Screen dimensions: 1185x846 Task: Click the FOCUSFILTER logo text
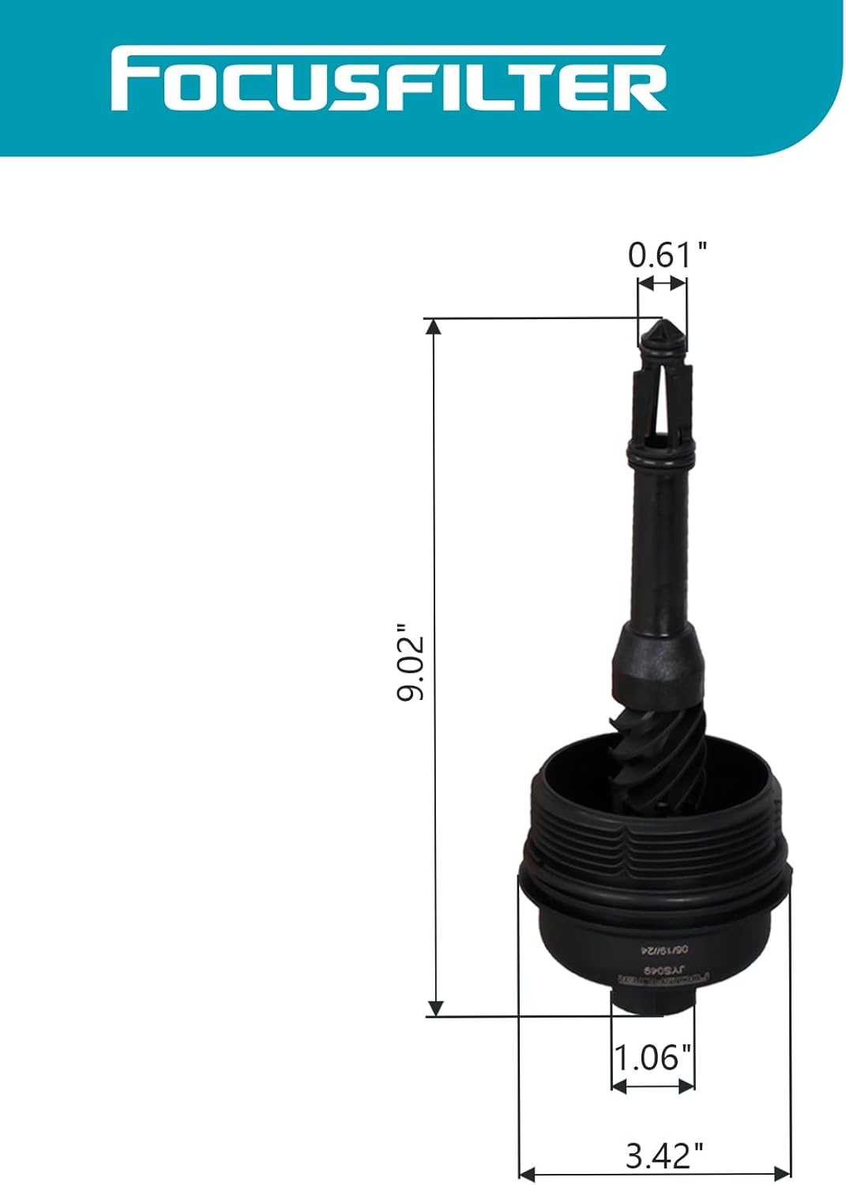(x=389, y=79)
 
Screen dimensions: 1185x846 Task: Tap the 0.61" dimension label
(x=667, y=255)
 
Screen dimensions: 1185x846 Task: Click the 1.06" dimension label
(x=652, y=1056)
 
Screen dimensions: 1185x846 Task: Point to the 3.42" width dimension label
(x=664, y=1156)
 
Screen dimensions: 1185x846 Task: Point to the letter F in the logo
(x=131, y=79)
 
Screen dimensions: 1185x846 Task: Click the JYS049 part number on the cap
(x=654, y=965)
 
